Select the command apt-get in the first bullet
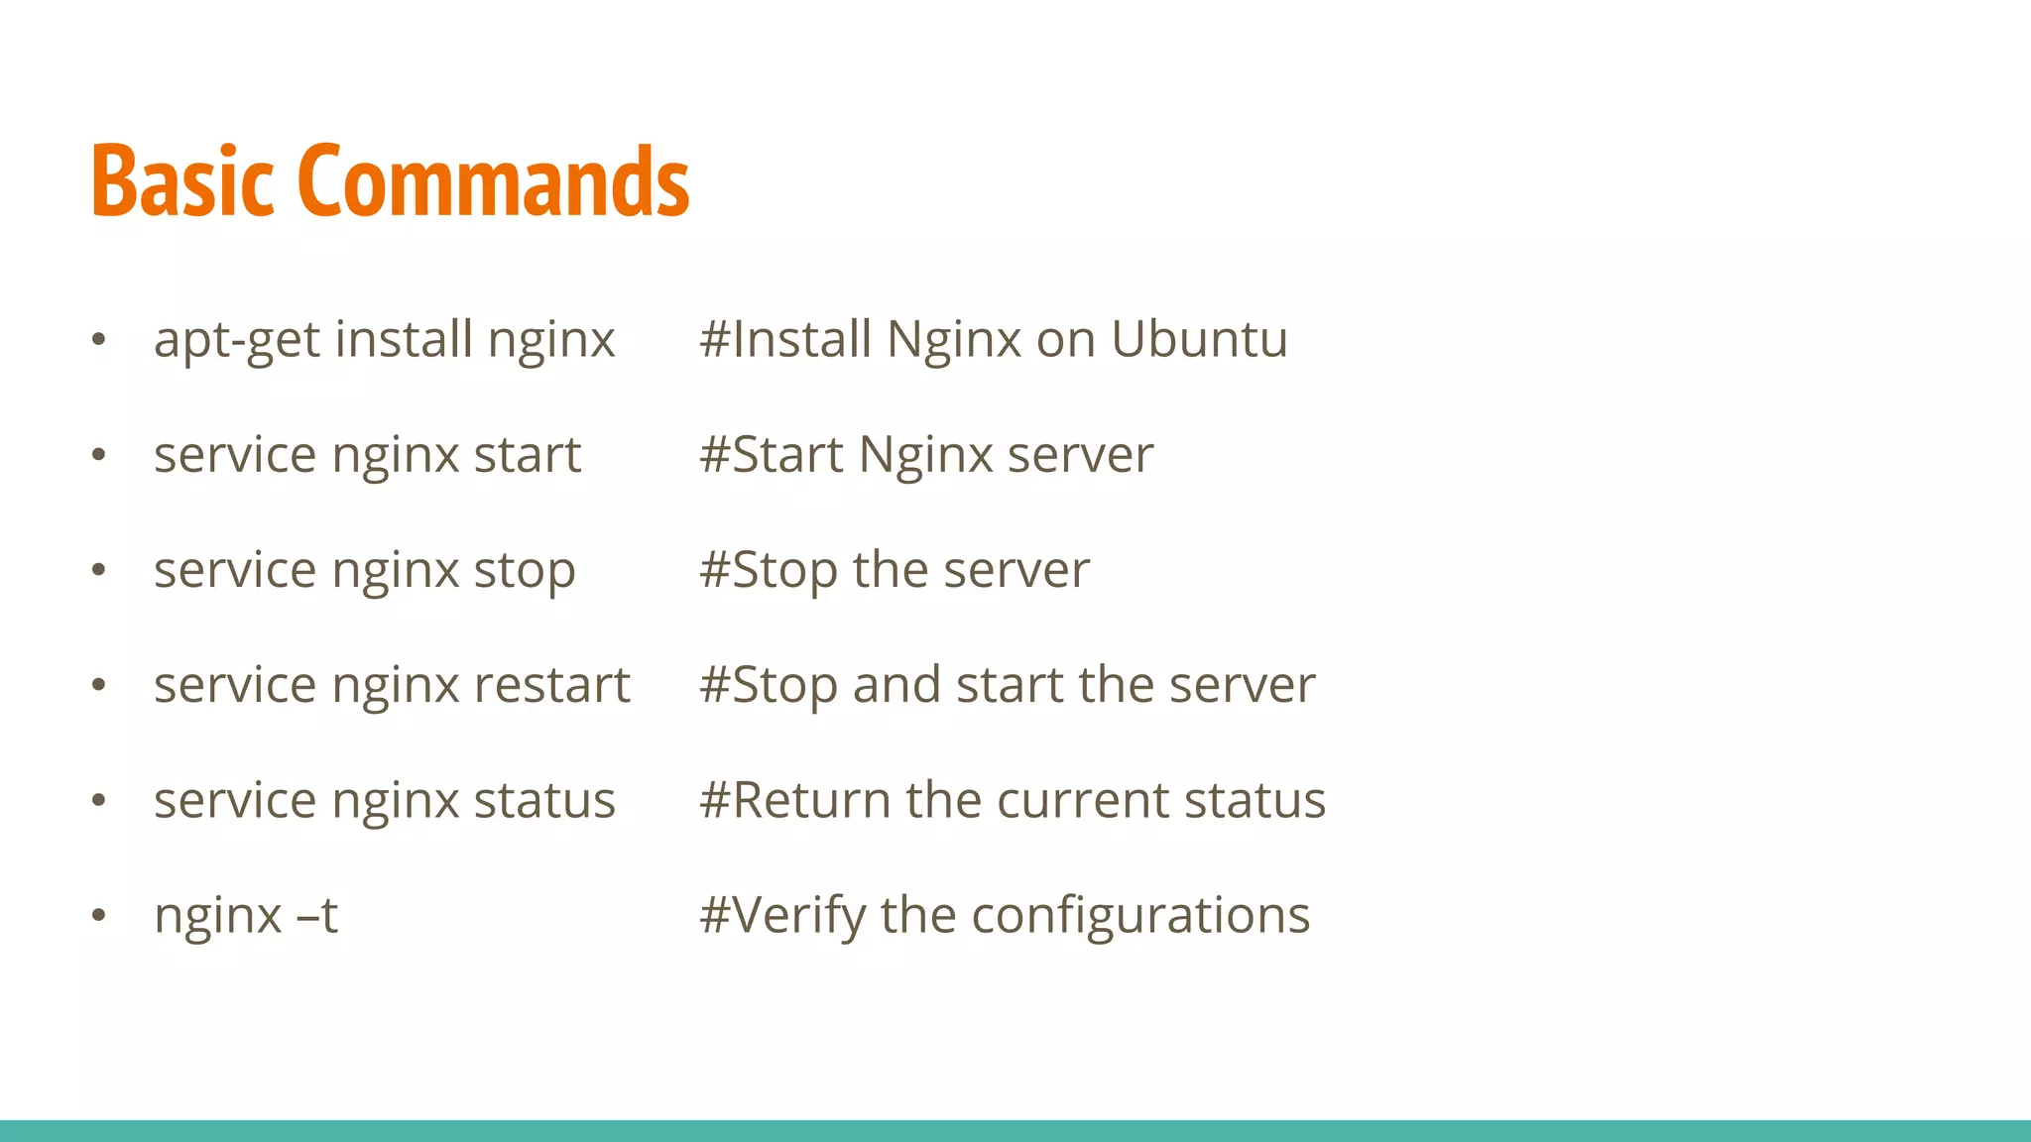tap(237, 341)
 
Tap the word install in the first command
tap(404, 339)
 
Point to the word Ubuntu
tap(1199, 339)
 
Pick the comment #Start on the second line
tap(771, 455)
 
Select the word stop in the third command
tap(525, 572)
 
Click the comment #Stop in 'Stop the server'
tap(769, 572)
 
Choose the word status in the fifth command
tap(544, 800)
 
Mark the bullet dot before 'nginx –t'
tap(98, 915)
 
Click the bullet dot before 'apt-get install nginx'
tap(98, 340)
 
